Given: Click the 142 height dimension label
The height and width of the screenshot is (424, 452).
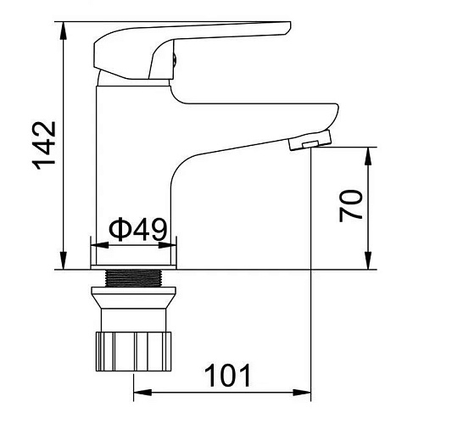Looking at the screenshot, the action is [43, 146].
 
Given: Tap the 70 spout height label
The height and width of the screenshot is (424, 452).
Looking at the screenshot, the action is [350, 205].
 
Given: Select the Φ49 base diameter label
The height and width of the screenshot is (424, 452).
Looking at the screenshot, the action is [137, 230].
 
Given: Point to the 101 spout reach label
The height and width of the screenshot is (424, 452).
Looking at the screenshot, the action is [228, 376].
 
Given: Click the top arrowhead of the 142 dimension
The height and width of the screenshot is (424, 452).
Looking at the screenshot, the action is [63, 31].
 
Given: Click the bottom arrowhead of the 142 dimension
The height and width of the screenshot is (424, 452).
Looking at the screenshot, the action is [63, 260].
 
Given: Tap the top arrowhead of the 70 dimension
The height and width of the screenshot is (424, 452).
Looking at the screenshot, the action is [368, 156].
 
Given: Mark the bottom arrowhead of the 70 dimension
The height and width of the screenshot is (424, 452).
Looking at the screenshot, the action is [368, 260].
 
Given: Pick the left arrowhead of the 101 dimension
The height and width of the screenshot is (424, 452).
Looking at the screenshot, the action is [142, 393].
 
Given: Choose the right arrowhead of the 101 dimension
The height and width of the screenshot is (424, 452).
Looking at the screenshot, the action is [302, 393].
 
